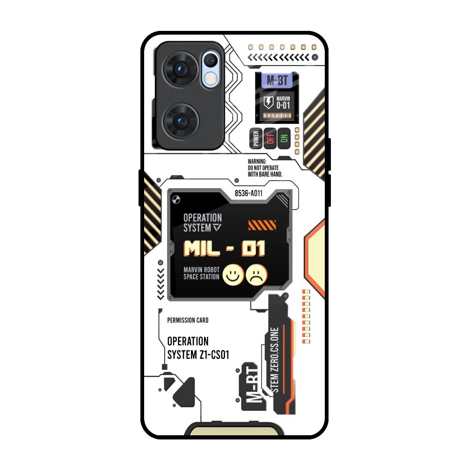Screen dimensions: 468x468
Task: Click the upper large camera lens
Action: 180,70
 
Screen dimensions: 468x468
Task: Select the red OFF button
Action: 270,138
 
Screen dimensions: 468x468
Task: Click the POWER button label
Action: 256,138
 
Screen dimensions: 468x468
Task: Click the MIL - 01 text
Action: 225,249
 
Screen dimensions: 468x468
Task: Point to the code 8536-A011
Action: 248,192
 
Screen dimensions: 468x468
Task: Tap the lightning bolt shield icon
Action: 269,102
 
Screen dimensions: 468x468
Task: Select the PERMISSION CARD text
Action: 188,321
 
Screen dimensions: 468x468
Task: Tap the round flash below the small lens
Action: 212,78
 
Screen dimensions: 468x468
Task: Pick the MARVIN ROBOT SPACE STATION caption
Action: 201,273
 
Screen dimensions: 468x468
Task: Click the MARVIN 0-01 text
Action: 283,102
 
